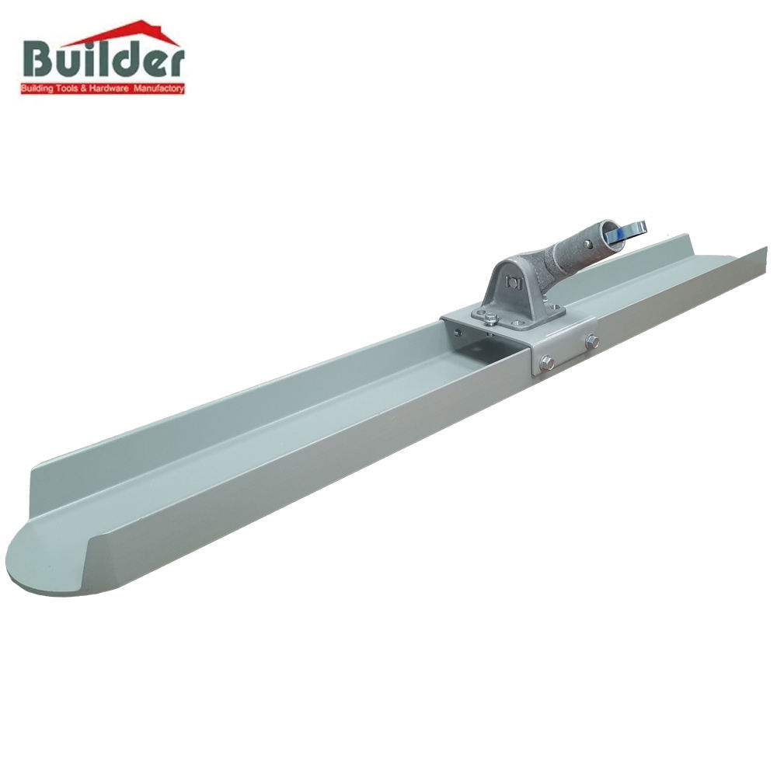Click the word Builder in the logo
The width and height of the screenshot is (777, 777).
pyautogui.click(x=103, y=63)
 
